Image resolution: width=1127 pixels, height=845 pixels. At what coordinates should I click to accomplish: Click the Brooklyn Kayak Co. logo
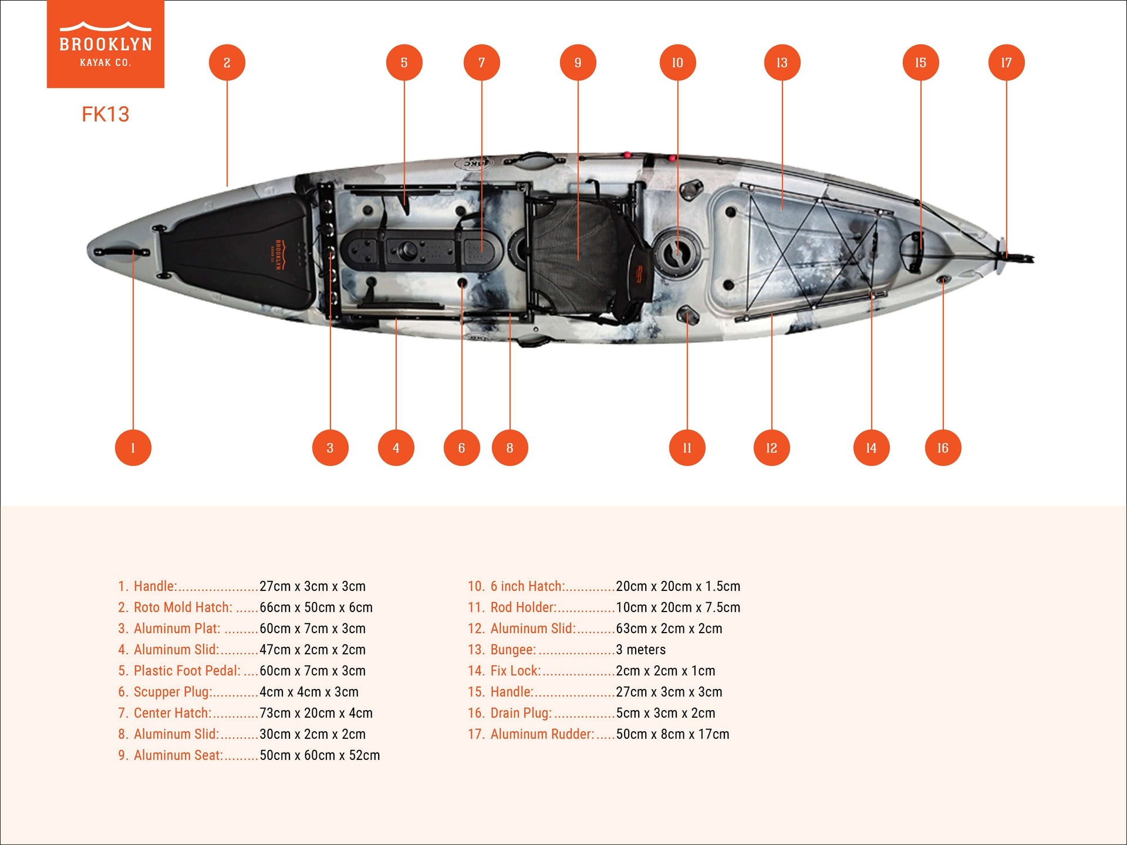coord(106,44)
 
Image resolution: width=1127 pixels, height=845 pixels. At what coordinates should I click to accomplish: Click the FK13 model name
coord(106,114)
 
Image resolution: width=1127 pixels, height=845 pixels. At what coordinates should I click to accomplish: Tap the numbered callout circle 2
coord(227,63)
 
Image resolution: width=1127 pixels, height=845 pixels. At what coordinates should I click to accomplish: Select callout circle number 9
coord(578,63)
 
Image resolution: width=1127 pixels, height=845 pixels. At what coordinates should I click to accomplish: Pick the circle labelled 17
coord(1006,63)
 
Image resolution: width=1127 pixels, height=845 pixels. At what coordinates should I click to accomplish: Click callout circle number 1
coord(133,448)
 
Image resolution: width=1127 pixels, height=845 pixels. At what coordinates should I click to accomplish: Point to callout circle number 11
coord(687,448)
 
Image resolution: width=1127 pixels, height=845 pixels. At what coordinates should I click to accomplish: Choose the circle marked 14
coord(871,448)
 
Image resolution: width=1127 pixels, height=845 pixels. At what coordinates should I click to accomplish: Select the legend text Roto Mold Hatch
coord(183,607)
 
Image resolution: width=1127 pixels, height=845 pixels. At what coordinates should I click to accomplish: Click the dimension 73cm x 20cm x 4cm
coord(316,713)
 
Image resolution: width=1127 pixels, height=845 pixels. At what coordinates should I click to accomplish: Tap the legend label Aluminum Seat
coord(178,755)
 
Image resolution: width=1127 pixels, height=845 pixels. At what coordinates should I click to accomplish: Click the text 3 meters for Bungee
coord(640,650)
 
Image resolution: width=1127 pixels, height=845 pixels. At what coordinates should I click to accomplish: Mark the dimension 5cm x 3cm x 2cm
coord(665,713)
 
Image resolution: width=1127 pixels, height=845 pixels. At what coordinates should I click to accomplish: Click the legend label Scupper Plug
coord(173,692)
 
